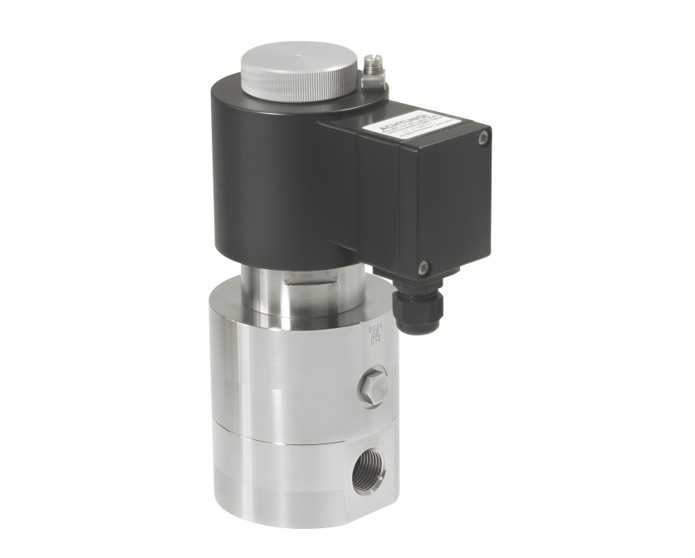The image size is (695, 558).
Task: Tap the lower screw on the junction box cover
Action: [x=423, y=267]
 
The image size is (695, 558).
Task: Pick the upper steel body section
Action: [x=274, y=365]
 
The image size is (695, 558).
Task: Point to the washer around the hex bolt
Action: [x=373, y=400]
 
